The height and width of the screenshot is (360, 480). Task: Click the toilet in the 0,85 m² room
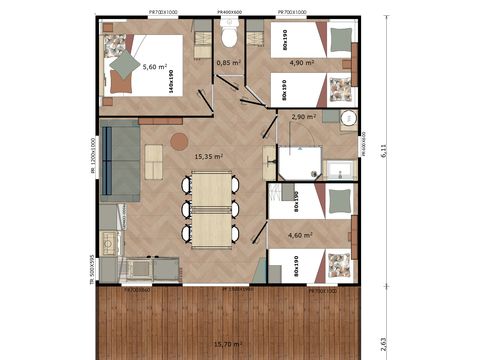coord(229,38)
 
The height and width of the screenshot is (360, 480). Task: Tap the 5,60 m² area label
coord(156,67)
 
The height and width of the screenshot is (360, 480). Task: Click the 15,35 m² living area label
coord(208,156)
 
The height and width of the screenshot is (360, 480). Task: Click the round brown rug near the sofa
coord(179,141)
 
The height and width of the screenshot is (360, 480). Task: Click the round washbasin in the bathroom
coord(349,119)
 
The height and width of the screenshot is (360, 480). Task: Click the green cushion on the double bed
coord(125,64)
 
